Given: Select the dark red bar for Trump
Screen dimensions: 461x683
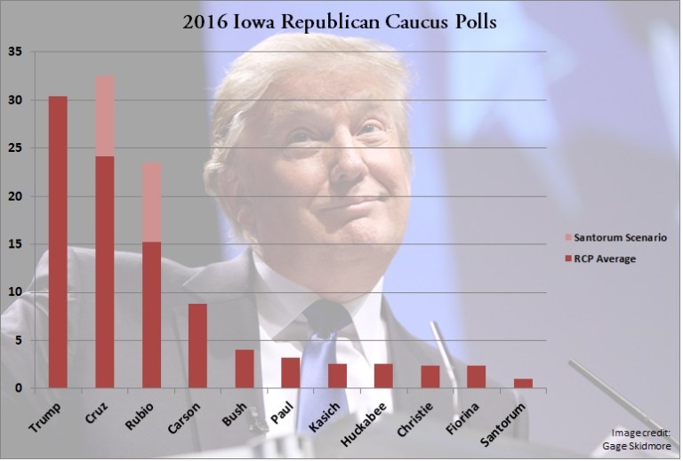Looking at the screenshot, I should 58,242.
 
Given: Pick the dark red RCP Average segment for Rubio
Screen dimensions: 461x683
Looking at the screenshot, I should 151,315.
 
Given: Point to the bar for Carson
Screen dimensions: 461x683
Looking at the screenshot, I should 197,346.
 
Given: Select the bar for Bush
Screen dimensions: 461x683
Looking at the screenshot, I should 244,369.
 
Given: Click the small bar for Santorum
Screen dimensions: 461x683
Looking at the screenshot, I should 523,383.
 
